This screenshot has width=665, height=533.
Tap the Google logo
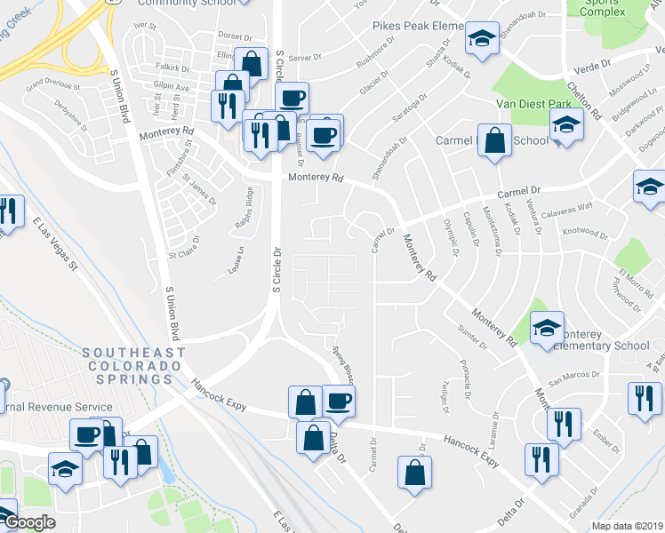[x=29, y=522]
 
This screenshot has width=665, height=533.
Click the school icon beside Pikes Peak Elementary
[x=482, y=38]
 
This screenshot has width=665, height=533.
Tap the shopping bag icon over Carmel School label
[x=495, y=140]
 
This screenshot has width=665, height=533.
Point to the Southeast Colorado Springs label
[x=134, y=366]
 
